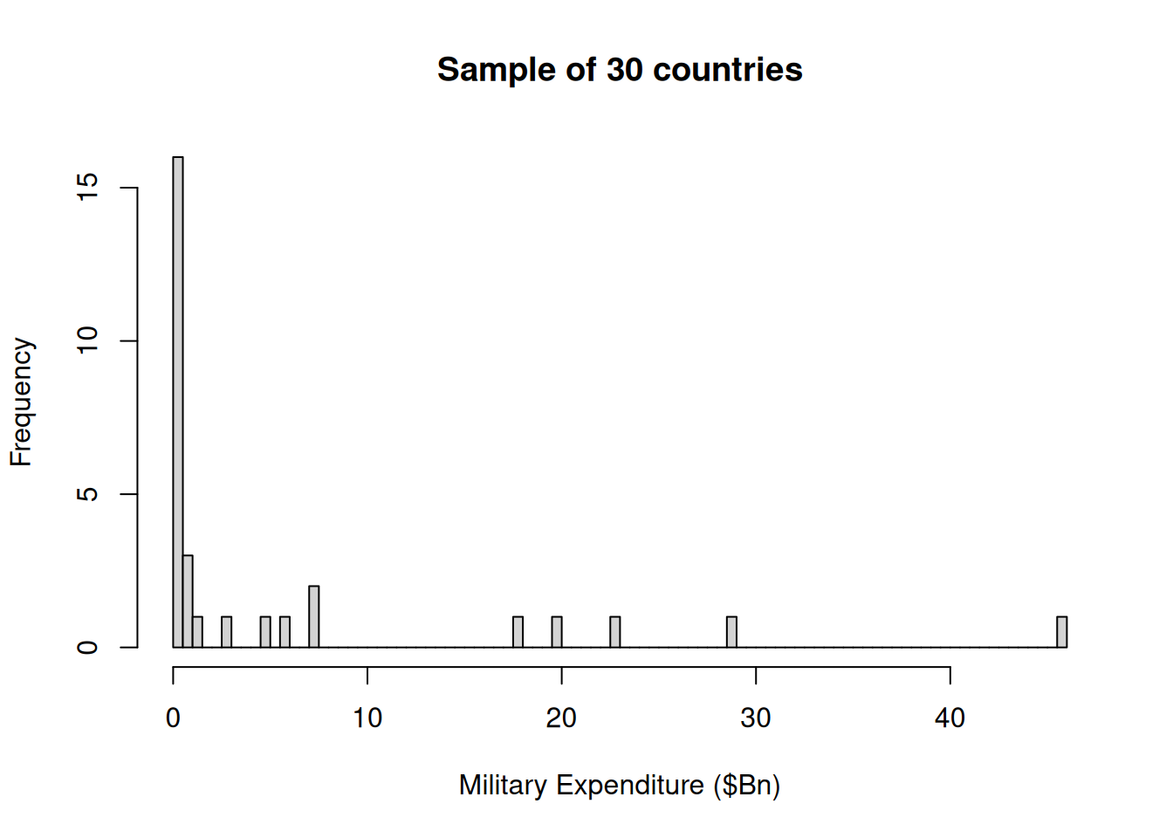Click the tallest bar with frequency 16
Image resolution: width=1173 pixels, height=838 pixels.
[178, 402]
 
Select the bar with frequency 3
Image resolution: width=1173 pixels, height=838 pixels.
[188, 601]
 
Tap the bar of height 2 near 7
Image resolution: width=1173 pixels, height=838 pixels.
[314, 617]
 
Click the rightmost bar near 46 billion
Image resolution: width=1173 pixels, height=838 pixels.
[1061, 632]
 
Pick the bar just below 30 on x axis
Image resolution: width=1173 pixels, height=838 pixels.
[731, 632]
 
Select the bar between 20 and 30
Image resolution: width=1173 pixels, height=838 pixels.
[615, 632]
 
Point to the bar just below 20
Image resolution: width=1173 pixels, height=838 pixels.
[557, 632]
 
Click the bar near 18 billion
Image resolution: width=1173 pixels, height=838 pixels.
[518, 632]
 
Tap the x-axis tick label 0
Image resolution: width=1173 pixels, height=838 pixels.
[173, 718]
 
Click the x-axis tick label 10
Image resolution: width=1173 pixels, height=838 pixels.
[367, 718]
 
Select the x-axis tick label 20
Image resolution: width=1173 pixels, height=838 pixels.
[561, 718]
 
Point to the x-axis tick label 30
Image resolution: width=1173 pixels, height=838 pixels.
[756, 718]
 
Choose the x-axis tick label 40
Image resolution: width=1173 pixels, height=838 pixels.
[950, 718]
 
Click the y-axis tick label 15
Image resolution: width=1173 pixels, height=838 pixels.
[88, 187]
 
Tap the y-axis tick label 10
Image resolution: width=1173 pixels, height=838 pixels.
[88, 340]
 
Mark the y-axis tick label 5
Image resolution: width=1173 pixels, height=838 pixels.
[88, 494]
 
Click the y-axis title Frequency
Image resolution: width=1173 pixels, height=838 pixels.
[21, 402]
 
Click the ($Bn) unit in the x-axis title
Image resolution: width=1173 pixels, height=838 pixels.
[746, 786]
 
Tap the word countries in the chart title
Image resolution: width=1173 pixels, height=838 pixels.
[727, 70]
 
